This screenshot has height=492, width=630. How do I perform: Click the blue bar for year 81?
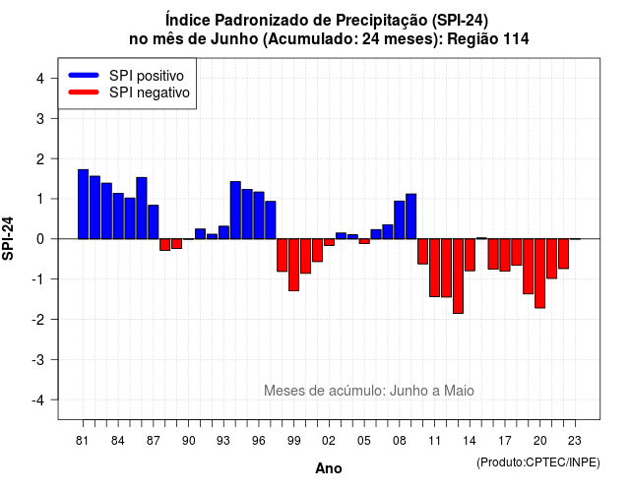click(83, 205)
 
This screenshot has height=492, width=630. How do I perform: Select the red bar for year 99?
click(294, 265)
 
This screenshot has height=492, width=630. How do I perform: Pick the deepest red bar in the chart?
click(458, 276)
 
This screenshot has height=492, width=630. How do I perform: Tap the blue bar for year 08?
click(400, 220)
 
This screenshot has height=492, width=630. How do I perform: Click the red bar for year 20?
click(540, 274)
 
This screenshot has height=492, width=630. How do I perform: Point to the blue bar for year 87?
click(154, 222)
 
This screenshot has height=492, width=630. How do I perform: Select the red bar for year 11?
click(435, 268)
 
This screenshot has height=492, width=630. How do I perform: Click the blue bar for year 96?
click(259, 215)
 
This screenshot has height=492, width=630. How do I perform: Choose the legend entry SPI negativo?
click(129, 92)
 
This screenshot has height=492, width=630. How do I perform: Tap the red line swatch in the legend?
click(84, 92)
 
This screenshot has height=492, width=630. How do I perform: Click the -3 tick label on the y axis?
click(37, 360)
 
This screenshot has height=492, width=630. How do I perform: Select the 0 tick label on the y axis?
click(40, 239)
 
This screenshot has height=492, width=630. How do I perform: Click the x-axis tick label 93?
click(223, 441)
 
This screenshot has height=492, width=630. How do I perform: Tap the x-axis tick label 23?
click(575, 441)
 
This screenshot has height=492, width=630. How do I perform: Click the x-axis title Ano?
click(329, 468)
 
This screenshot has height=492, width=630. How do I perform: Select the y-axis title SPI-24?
click(8, 238)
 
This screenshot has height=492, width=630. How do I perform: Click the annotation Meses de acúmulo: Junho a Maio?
click(369, 391)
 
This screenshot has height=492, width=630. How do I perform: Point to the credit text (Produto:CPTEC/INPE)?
click(538, 462)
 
